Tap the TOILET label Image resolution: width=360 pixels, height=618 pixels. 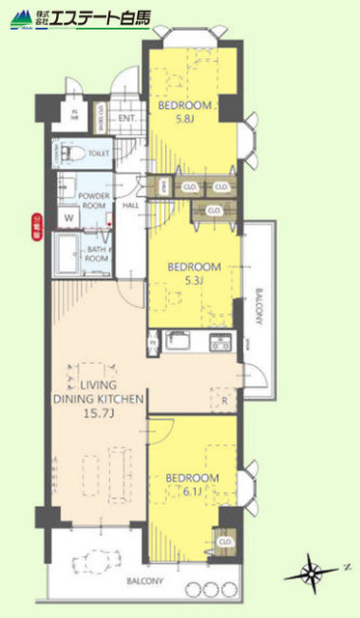pos(97,153)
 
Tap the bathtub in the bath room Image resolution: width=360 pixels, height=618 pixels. pos(66,253)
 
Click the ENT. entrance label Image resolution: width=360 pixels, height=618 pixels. pos(126,120)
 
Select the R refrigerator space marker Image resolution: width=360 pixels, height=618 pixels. pos(224,399)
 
